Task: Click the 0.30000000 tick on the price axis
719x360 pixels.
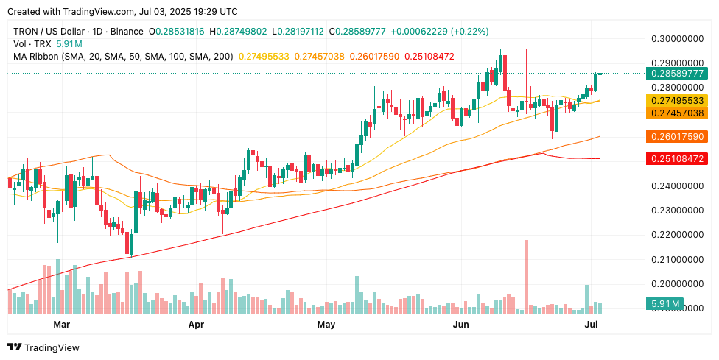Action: point(676,38)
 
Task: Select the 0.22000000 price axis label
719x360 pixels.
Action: point(676,235)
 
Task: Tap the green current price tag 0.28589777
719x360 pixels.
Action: point(676,74)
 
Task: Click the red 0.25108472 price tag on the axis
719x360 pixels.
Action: point(676,159)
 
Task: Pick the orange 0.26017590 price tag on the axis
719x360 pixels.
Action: point(676,137)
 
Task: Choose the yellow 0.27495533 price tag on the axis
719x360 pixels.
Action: point(676,100)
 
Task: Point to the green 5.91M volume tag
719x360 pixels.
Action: point(664,303)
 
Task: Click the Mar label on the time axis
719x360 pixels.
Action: point(61,324)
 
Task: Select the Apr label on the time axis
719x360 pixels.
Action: point(196,324)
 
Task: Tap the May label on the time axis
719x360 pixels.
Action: point(326,324)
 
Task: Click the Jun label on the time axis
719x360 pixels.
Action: point(460,324)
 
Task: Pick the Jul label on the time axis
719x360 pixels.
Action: point(591,324)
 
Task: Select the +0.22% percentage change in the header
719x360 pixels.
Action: point(470,32)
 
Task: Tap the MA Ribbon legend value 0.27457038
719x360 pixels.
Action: point(319,57)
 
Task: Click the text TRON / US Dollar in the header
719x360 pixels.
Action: point(49,32)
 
